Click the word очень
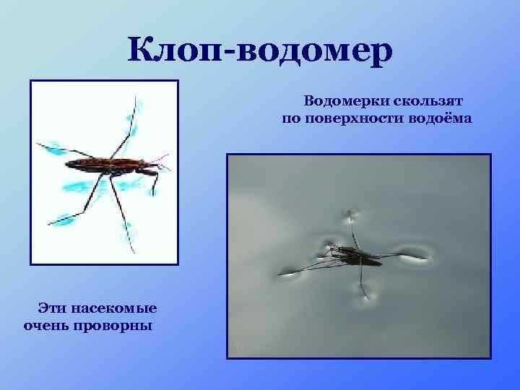pos(46,325)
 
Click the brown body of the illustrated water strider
pos(108,164)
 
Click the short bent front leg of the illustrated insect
pos(154,185)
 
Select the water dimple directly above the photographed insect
pos(351,214)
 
